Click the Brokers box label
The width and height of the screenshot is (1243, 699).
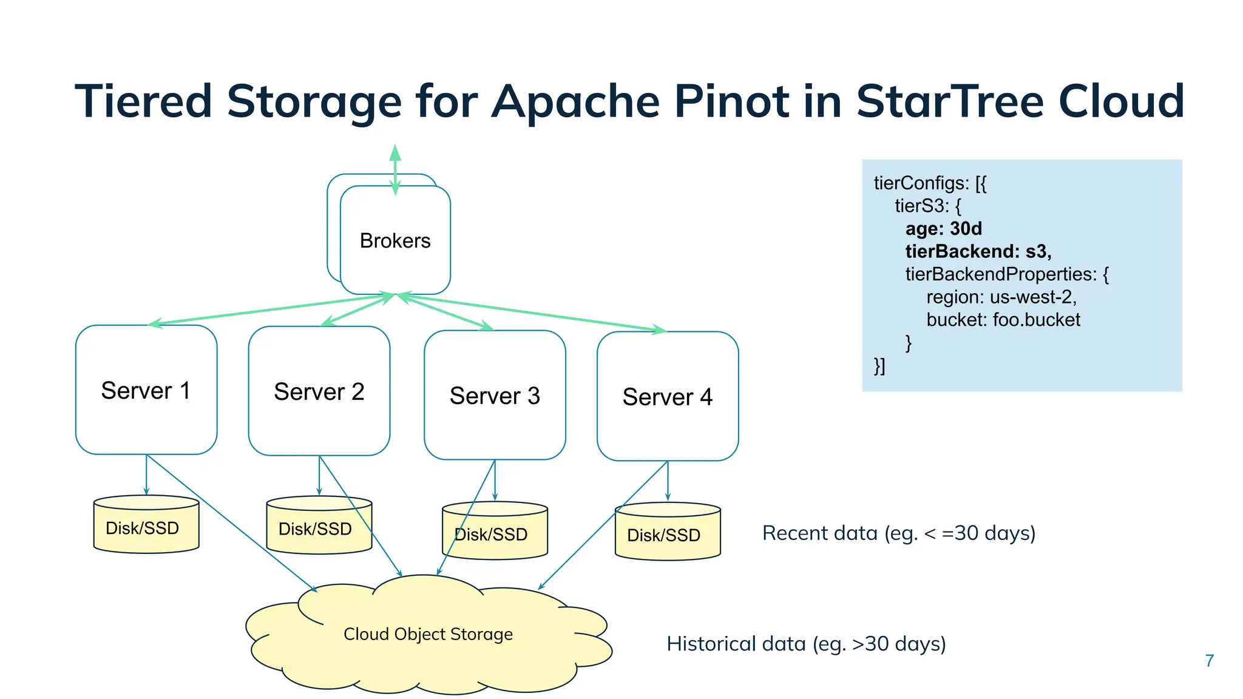tap(395, 241)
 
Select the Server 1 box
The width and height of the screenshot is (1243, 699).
tap(146, 390)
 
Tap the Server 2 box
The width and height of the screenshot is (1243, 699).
tap(319, 391)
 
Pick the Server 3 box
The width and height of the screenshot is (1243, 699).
tap(495, 396)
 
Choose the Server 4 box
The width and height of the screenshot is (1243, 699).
tap(667, 397)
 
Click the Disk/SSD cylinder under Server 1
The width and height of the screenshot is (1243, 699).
tap(146, 526)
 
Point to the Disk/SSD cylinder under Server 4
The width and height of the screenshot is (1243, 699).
tap(667, 533)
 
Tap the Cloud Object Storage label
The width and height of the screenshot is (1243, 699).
tap(428, 634)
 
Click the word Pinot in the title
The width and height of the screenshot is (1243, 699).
tap(731, 101)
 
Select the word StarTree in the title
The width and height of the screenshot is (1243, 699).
tap(949, 101)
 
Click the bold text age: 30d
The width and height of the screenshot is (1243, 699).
tap(943, 229)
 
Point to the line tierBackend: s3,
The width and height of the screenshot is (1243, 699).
tap(978, 251)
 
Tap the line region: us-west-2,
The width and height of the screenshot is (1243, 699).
tap(1001, 297)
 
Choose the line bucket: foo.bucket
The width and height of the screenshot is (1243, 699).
tap(1003, 320)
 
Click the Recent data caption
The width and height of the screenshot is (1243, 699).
tap(898, 533)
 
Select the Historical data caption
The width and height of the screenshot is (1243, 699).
tap(805, 643)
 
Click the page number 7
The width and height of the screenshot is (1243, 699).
tap(1209, 661)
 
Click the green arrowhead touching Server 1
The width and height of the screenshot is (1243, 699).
tap(155, 323)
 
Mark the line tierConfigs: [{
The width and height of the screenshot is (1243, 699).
tap(930, 183)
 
